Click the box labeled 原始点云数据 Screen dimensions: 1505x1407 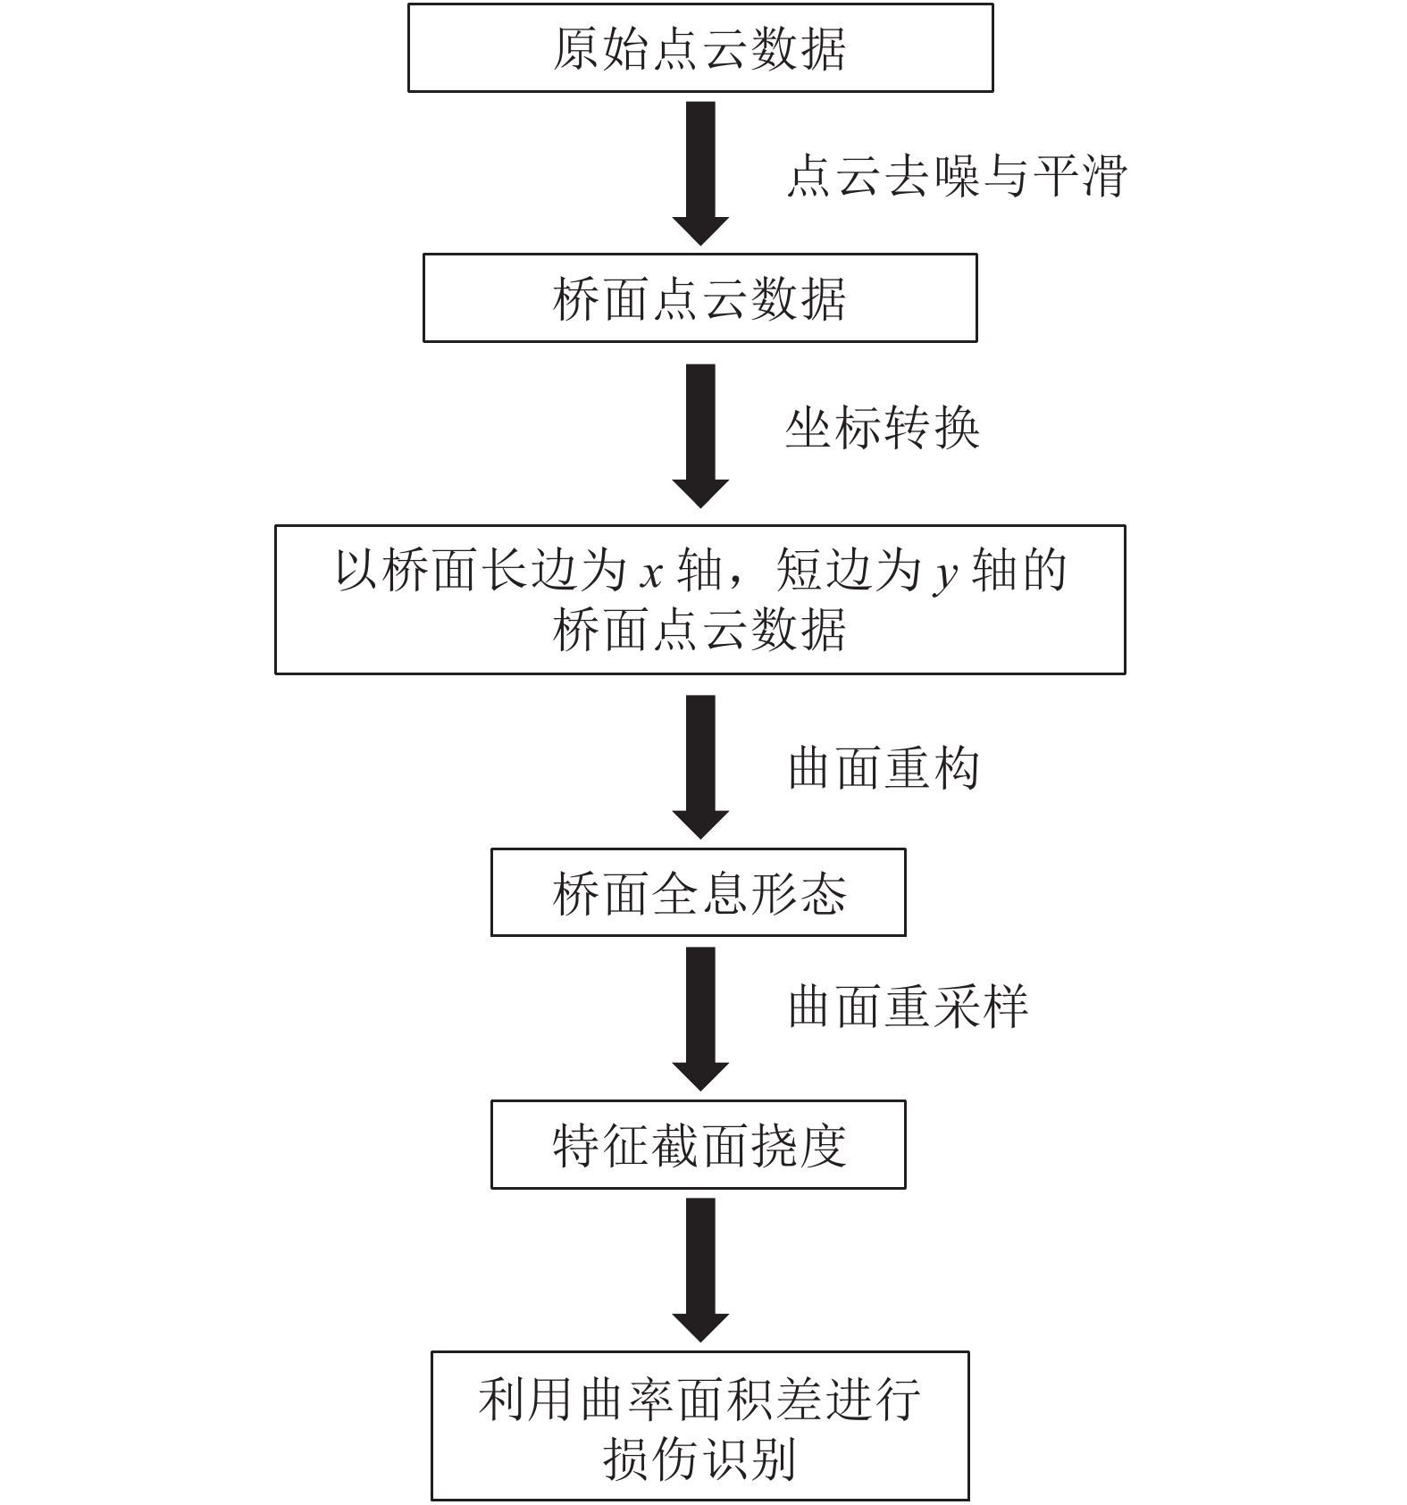click(699, 48)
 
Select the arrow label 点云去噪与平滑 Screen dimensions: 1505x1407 click(956, 176)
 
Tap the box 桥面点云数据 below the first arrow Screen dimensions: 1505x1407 click(699, 298)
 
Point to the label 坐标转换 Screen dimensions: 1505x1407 click(882, 429)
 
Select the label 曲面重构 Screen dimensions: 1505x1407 click(883, 768)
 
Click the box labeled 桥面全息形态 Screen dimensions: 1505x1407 click(699, 893)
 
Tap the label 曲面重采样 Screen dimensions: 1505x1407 click(907, 1007)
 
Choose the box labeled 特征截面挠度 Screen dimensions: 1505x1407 click(699, 1145)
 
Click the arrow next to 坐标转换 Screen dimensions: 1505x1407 click(700, 435)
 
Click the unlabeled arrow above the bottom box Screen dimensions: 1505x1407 click(700, 1269)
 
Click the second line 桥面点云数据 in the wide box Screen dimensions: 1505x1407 click(699, 631)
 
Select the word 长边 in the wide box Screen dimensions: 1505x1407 click(531, 571)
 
